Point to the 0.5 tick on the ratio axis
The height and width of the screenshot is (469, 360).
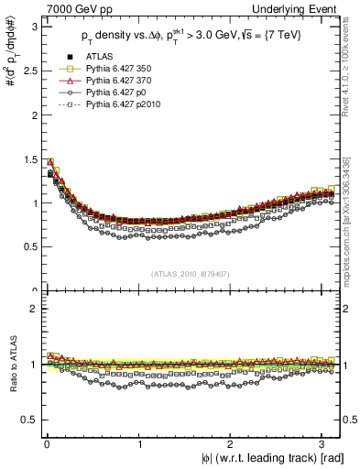27,420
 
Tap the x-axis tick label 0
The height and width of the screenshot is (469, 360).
47,444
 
